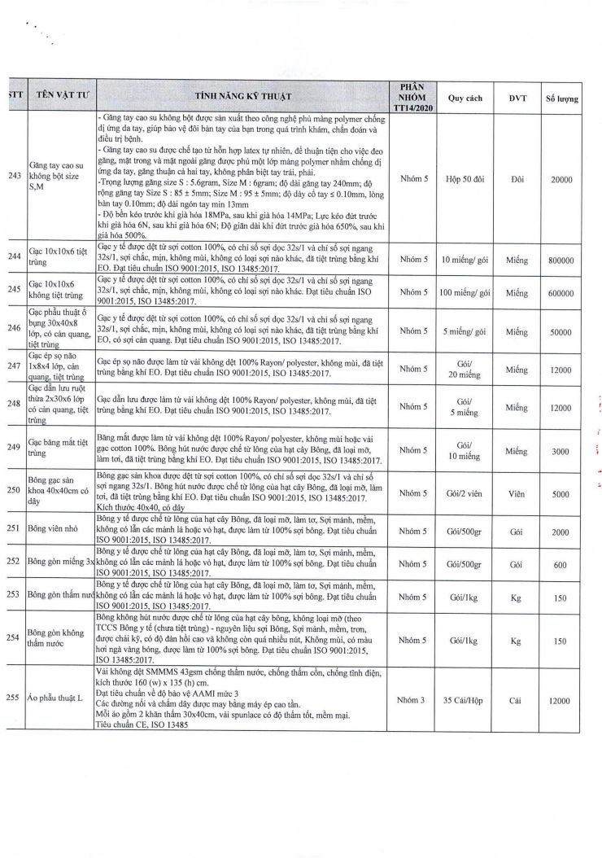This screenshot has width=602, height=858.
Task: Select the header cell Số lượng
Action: coord(561,98)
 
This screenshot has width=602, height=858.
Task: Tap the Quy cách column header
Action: coord(465,98)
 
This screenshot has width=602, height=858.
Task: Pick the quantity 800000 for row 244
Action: coord(561,260)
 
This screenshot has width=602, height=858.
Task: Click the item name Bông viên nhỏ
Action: coord(53,528)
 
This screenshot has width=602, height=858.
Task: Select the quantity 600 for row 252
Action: coord(561,563)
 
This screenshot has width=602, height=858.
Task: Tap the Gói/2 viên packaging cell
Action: coord(465,493)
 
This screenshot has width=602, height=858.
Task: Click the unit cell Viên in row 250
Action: coord(517,493)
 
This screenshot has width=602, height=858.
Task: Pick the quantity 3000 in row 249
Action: coord(561,450)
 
